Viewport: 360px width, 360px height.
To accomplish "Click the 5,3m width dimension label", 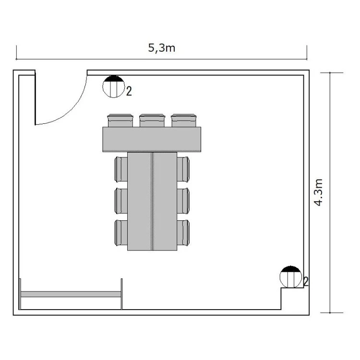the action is click(162, 48).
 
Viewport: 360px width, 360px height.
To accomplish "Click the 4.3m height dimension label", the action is click(318, 192).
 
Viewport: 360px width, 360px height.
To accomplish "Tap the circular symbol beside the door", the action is click(113, 86).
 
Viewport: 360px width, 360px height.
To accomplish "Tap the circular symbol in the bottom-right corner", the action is click(291, 277).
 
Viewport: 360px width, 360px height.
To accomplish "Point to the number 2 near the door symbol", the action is click(129, 91).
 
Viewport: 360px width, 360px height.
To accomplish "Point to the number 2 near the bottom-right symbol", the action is click(306, 281).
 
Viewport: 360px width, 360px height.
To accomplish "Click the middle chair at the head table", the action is click(152, 120).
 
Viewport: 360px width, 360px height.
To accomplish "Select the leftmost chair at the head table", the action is click(120, 120).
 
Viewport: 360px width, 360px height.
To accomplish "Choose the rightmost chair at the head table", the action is click(184, 120).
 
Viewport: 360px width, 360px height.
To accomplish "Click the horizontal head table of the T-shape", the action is click(152, 139).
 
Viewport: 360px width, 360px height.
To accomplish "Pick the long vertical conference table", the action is click(152, 201).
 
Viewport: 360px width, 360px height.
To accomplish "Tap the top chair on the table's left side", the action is click(121, 169).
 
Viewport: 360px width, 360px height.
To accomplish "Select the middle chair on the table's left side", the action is click(121, 201).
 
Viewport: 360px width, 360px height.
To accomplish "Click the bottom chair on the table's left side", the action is click(121, 233).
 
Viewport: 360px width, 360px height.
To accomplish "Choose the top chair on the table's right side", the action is click(183, 169).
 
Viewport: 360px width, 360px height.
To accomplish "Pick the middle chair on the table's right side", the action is click(183, 201).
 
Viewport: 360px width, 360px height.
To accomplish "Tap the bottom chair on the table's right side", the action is click(183, 233).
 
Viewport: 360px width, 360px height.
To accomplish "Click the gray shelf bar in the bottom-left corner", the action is click(71, 294).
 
